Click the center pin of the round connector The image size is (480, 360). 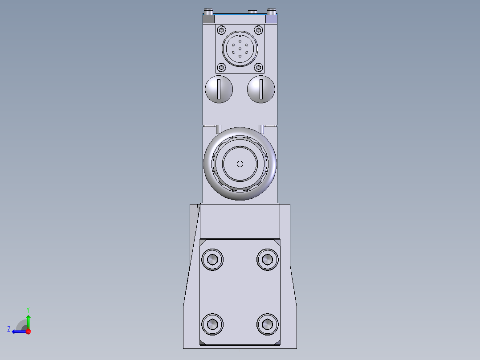(240, 49)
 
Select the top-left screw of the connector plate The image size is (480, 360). (221, 30)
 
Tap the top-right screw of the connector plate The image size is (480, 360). (258, 30)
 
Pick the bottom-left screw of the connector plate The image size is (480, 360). (221, 67)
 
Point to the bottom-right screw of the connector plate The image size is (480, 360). (258, 67)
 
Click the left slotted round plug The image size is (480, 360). (219, 89)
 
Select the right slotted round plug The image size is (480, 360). (261, 89)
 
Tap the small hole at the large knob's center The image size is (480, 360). (240, 164)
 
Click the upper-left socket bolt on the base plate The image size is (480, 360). (212, 259)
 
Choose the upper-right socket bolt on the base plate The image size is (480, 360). (268, 259)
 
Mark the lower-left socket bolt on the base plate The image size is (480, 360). (212, 323)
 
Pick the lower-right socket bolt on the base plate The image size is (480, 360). (268, 323)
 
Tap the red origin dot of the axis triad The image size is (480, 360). (28, 331)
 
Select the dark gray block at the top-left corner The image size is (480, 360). (208, 19)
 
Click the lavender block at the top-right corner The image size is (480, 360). (272, 19)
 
